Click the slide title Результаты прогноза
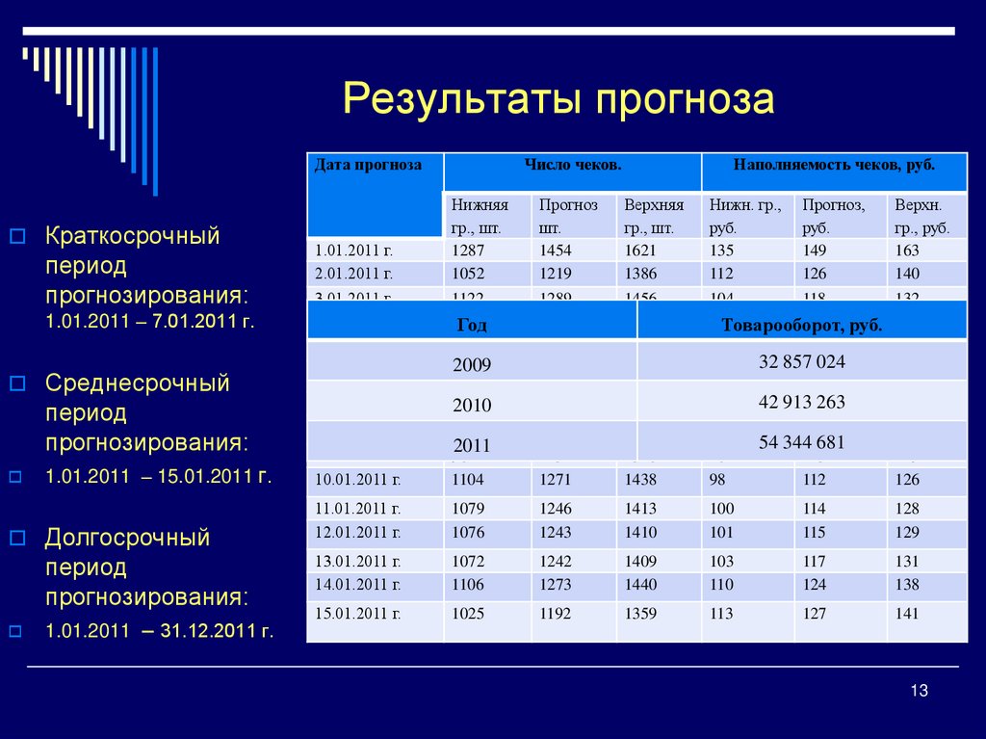(558, 99)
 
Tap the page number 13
(918, 690)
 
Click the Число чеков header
(572, 166)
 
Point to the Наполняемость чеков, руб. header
(834, 166)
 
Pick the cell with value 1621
(640, 251)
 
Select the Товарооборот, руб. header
(801, 326)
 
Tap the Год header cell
(471, 326)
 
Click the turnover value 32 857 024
(801, 362)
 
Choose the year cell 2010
(471, 405)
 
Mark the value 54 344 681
(801, 443)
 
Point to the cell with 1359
(640, 613)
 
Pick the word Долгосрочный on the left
(127, 538)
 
